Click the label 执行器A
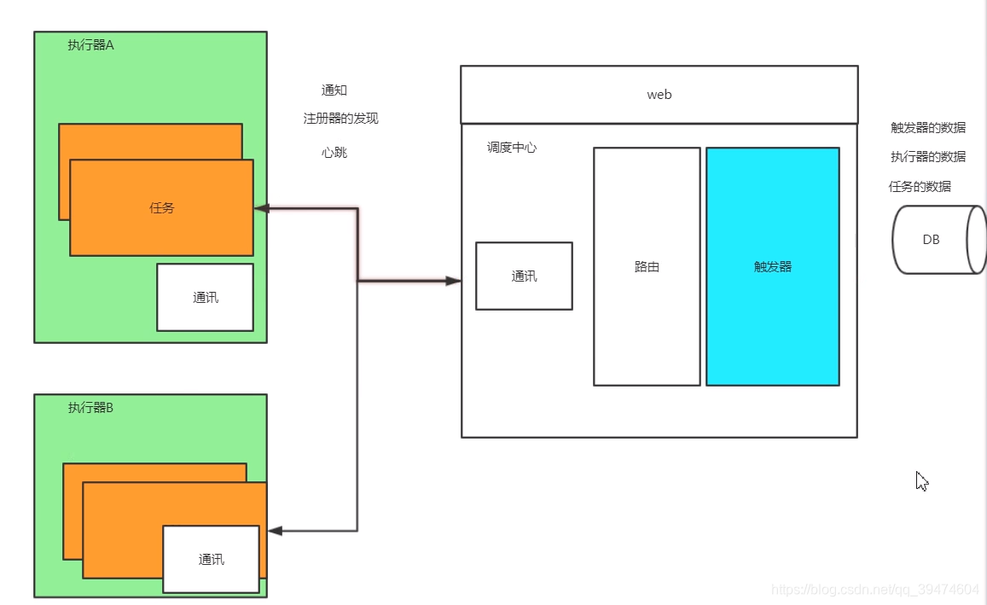click(90, 45)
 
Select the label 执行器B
click(90, 408)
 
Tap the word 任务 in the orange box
click(161, 207)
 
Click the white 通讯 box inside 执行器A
click(205, 297)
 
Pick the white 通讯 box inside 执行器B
click(211, 559)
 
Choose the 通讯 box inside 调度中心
click(524, 276)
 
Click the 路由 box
click(647, 266)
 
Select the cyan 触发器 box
click(772, 266)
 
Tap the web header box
click(659, 95)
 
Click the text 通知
click(334, 90)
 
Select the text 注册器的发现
click(340, 119)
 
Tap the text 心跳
click(334, 153)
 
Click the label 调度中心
click(512, 148)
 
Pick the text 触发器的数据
click(928, 127)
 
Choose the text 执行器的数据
click(928, 157)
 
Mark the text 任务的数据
click(920, 186)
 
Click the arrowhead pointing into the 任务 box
click(261, 208)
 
